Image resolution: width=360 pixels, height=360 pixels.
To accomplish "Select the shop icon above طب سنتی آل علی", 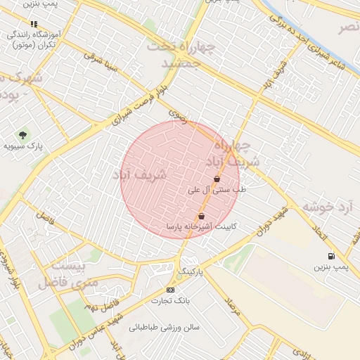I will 217,179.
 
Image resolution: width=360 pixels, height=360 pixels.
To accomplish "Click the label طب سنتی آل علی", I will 217,190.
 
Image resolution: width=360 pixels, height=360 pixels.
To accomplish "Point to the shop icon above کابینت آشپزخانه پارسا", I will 202,217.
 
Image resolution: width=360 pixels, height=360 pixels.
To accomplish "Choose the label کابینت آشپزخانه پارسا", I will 202,227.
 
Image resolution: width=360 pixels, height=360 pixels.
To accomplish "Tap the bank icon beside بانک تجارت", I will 169,290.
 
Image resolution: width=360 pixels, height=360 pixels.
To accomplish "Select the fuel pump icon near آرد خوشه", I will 330,257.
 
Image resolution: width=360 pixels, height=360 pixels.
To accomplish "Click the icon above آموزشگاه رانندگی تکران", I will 34,24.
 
